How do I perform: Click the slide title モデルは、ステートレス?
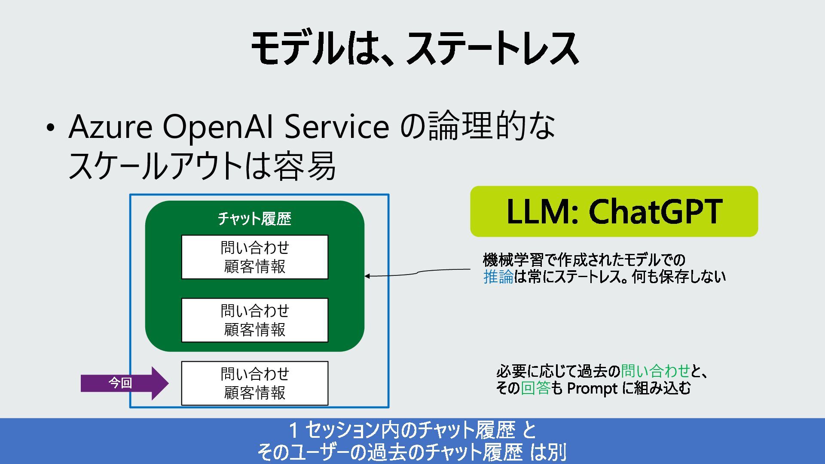[414, 48]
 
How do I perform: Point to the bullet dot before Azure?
[51, 128]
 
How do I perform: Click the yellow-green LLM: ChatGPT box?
[614, 211]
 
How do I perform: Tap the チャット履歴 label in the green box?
[254, 219]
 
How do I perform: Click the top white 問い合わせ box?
[254, 257]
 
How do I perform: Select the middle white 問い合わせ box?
[254, 320]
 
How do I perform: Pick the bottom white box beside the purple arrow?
[254, 383]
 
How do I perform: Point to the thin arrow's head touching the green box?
[367, 276]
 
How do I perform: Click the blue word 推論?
[498, 277]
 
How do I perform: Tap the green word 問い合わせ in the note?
[655, 370]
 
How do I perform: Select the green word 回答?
[535, 388]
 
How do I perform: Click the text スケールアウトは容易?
[202, 166]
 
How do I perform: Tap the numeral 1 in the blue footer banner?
[293, 430]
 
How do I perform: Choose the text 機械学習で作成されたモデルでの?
[584, 259]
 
